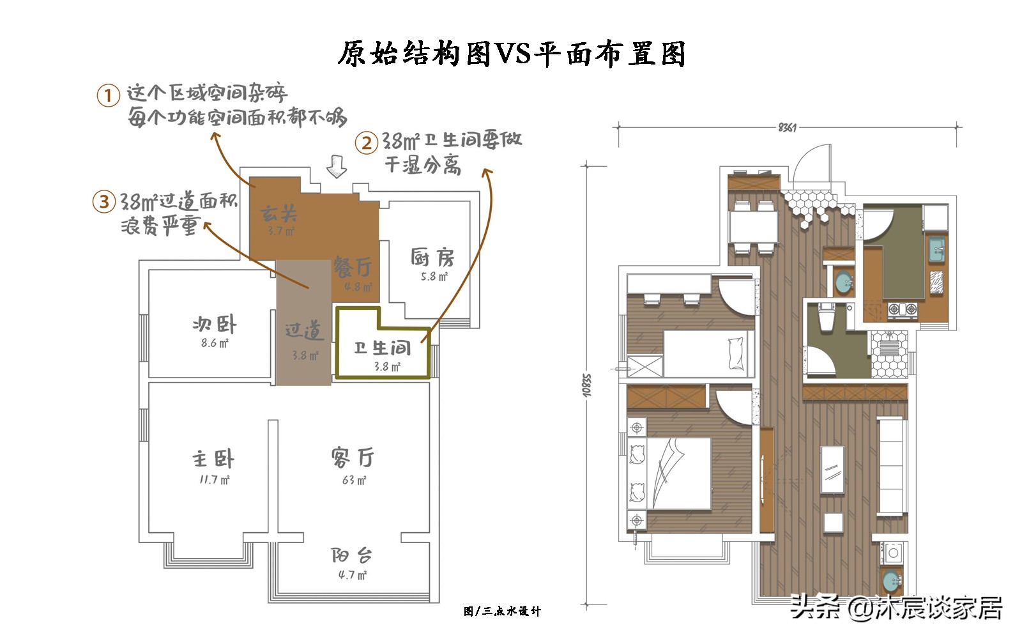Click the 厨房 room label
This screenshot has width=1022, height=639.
pos(432,258)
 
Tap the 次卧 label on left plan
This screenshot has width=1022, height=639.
pos(215,325)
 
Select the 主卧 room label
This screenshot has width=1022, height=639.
pos(214,459)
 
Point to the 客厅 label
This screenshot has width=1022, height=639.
pos(353,458)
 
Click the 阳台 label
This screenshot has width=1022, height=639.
pos(352,555)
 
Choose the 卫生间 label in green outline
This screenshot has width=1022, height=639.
pos(383,348)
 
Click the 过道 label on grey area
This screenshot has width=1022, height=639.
pos(304,331)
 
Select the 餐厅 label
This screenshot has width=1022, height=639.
pos(353,266)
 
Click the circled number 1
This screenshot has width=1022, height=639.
pos(109,96)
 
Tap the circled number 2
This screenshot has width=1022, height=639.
pos(367,142)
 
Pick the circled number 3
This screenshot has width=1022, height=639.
pos(104,202)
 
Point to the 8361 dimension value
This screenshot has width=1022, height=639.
pos(787,127)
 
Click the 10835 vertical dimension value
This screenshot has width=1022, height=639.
pos(587,385)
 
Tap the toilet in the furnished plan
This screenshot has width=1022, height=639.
pos(826,318)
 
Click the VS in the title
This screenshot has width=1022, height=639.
pos(514,54)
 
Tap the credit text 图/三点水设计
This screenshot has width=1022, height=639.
pos(502,612)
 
